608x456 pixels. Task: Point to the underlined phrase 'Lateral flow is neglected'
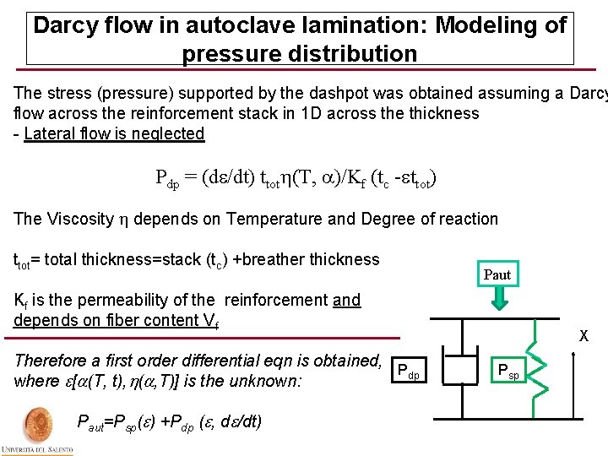[x=114, y=133]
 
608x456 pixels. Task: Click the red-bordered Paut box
[x=497, y=274]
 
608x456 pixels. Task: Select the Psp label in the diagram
[x=509, y=370]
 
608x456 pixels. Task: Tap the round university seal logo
[x=36, y=424]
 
